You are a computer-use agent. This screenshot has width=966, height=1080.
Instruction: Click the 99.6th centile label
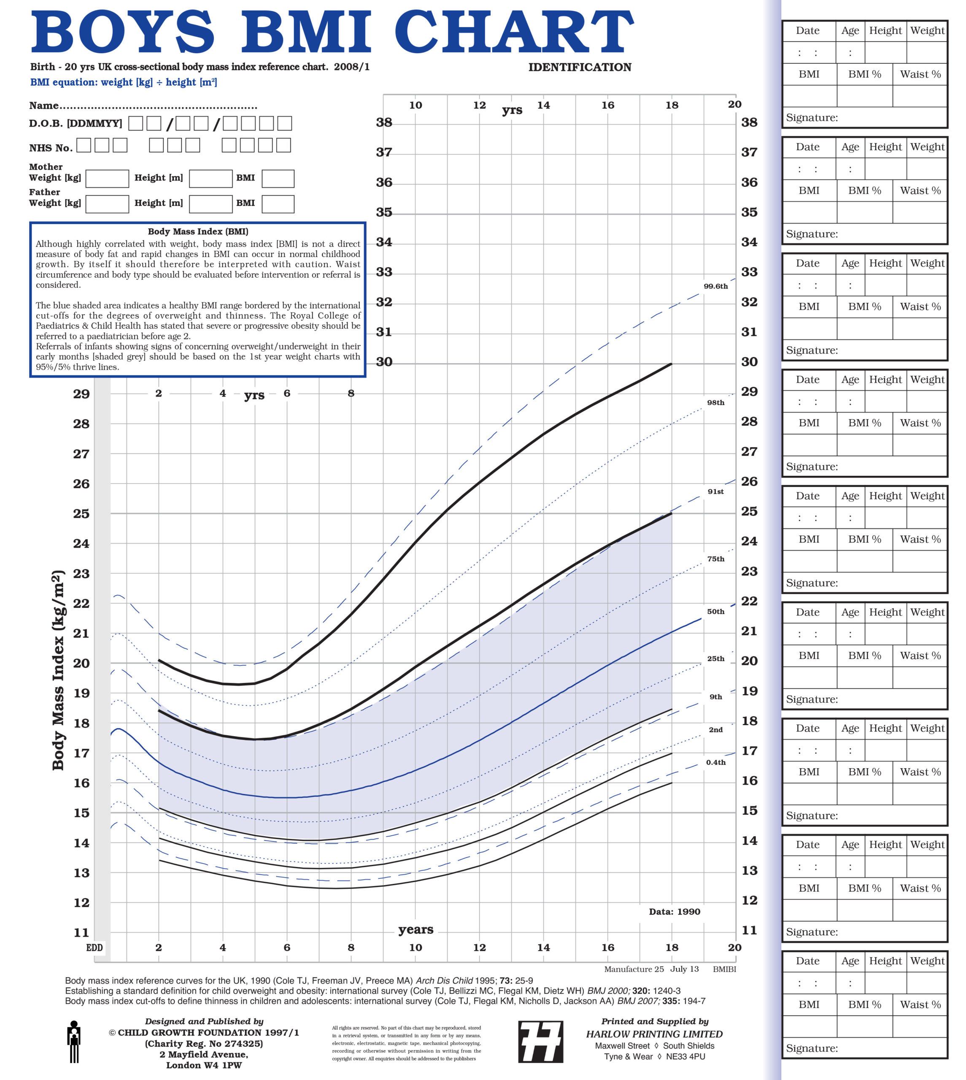[x=715, y=286]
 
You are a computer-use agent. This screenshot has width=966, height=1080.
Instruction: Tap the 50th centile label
[x=715, y=611]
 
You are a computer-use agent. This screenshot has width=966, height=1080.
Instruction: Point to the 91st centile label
[x=715, y=491]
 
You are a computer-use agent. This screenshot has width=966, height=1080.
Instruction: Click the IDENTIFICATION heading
[x=580, y=67]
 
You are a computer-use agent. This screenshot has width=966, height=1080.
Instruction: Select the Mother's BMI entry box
[x=278, y=178]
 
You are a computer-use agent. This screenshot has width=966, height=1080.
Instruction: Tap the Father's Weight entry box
[x=107, y=204]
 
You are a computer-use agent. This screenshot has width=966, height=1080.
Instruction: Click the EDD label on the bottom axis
[x=94, y=948]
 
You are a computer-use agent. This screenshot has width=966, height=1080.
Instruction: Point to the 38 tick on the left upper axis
[x=384, y=123]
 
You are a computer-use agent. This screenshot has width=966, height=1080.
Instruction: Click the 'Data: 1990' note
[x=674, y=911]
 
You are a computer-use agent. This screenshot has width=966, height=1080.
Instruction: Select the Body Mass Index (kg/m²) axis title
[x=58, y=670]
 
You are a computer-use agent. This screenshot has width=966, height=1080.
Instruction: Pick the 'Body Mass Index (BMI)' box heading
[x=197, y=231]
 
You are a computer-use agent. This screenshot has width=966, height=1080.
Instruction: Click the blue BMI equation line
[x=123, y=82]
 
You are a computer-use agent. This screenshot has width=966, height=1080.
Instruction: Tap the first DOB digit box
[x=136, y=123]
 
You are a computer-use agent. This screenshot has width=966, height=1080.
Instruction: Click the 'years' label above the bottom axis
[x=416, y=929]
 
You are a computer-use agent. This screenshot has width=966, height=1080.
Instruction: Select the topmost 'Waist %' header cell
[x=920, y=74]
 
